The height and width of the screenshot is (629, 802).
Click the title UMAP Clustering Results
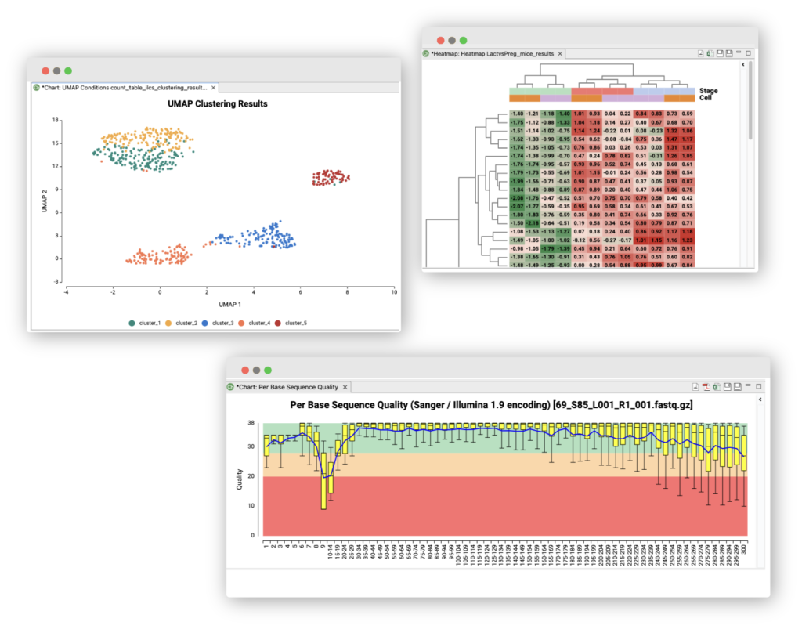point(217,103)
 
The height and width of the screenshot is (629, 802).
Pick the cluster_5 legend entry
point(294,323)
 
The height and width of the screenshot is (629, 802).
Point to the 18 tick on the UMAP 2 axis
point(56,120)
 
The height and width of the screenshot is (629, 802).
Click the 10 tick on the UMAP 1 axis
point(394,291)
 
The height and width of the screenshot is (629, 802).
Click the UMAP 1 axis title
point(229,304)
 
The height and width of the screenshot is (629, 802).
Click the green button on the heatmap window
point(463,40)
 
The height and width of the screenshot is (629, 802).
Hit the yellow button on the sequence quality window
point(256,370)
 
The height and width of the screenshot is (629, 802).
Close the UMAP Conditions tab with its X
point(213,88)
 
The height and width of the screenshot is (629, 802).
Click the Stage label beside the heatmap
point(708,91)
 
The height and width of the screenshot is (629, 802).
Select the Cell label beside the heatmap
point(705,98)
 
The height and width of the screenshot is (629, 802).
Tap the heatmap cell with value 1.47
point(671,138)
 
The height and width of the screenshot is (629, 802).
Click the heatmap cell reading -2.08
point(517,198)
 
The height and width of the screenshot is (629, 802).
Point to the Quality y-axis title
point(239,479)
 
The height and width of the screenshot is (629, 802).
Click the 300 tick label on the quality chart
point(743,548)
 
